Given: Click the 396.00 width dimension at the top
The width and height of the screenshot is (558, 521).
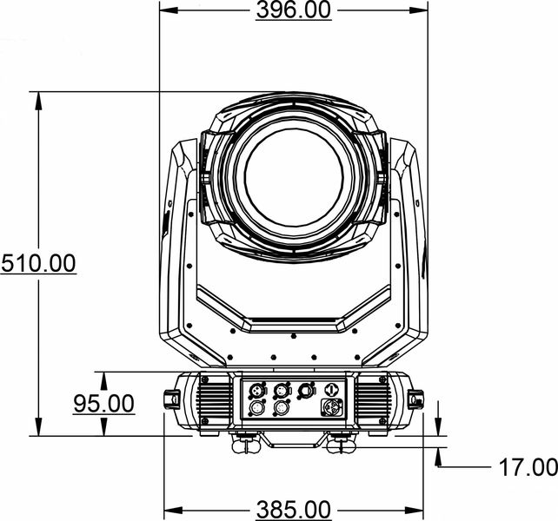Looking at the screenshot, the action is [294, 10].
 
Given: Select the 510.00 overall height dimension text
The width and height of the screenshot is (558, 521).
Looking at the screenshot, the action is [38, 263].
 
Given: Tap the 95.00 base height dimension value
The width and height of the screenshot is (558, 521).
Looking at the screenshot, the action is [103, 404].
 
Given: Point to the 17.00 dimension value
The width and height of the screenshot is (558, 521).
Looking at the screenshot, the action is [528, 467].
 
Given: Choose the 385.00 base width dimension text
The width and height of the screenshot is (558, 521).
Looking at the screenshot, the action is [294, 510].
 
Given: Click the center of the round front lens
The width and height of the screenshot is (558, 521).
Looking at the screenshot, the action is [294, 178].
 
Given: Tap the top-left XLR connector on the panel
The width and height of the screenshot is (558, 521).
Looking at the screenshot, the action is [256, 390].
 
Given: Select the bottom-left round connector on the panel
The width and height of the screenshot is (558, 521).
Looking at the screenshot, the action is [256, 407].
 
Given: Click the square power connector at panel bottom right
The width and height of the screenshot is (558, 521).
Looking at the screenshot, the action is [332, 406].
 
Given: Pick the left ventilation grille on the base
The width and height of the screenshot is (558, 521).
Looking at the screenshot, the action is [214, 400].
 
